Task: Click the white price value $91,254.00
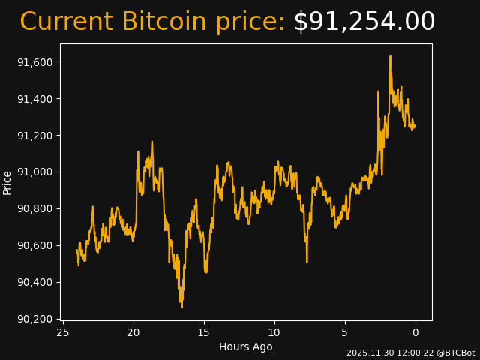click(364, 22)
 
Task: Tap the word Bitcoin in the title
click(163, 22)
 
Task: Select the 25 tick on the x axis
click(63, 332)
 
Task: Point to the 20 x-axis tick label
click(133, 332)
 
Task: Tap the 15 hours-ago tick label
click(204, 332)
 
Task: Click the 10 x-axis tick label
click(274, 332)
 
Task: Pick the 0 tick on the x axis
click(415, 332)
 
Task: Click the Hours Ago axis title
click(246, 346)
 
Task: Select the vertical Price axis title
click(7, 182)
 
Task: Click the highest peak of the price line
click(390, 56)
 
